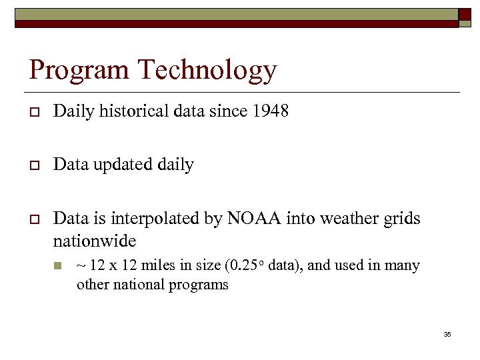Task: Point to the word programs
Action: click(x=204, y=285)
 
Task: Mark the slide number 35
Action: click(x=447, y=334)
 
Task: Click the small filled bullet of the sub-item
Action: click(x=59, y=266)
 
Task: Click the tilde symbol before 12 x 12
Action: click(x=81, y=266)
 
